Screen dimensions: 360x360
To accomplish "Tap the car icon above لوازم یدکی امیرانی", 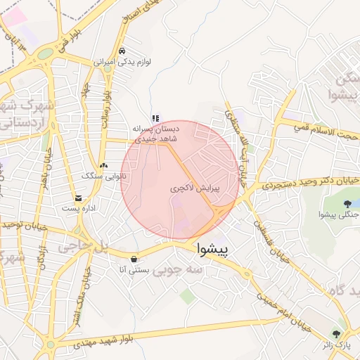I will coord(122,51).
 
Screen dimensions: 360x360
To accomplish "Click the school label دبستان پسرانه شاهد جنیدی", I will coord(156,134).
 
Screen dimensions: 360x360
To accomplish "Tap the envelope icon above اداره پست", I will coord(77,198).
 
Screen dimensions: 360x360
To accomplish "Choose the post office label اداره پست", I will coord(77,208).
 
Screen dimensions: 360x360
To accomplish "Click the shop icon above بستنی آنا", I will coord(134,258).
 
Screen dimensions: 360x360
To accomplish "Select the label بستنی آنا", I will coord(132,269).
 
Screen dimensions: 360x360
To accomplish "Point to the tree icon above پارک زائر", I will coord(337,333).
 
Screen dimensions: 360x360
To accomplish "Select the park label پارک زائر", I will coord(337,345).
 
